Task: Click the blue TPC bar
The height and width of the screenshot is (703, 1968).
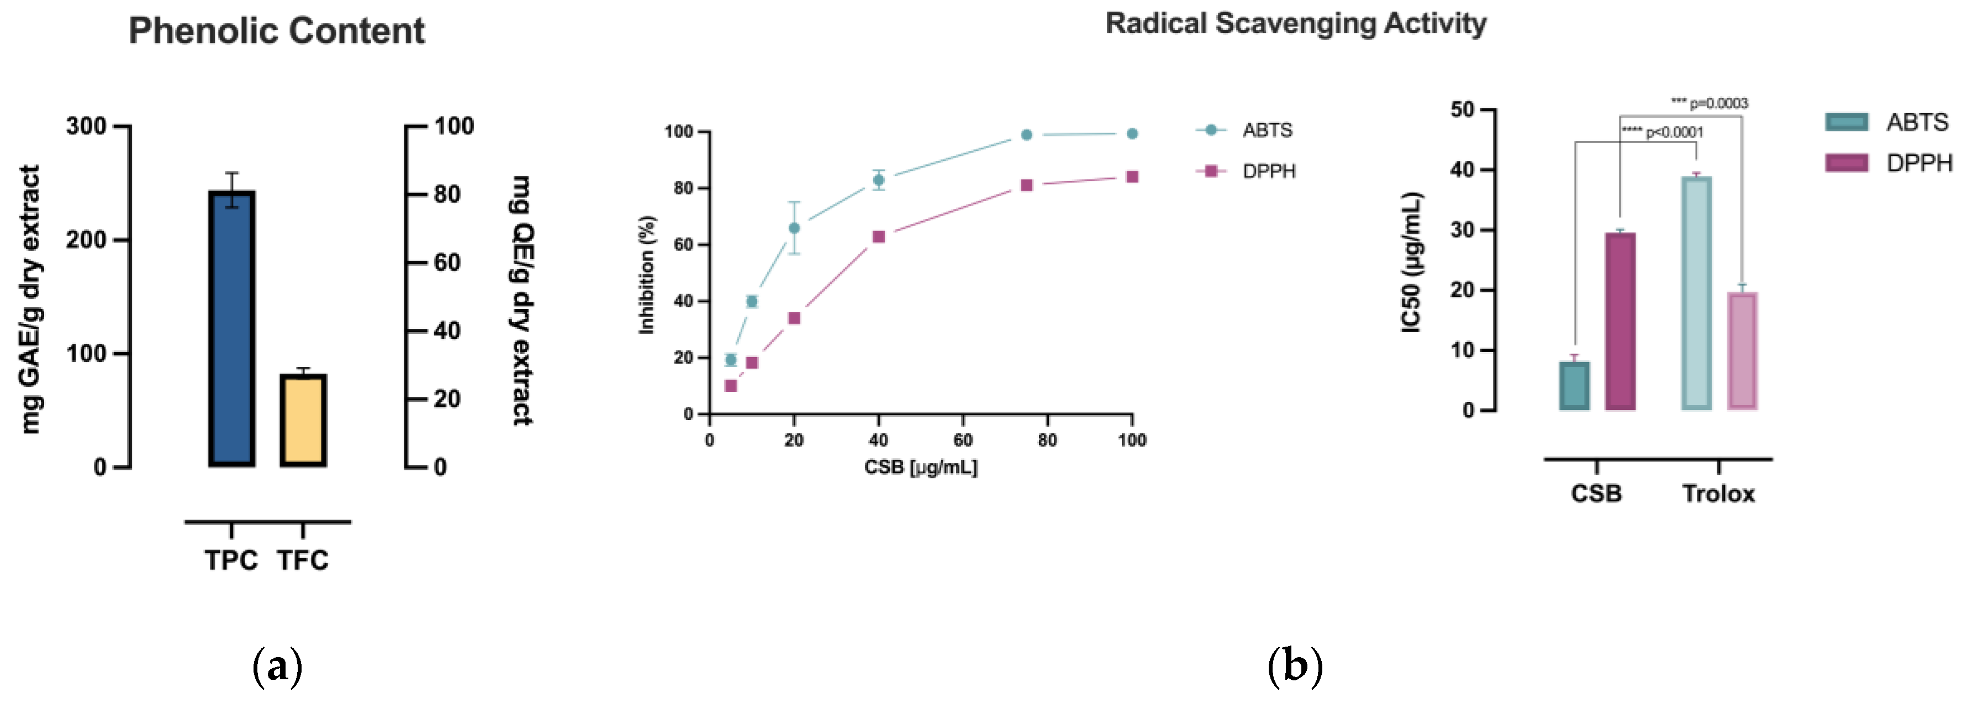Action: coord(231,329)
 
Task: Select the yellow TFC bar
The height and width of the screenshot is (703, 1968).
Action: coord(303,420)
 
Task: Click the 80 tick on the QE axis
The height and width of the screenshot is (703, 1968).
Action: coord(448,194)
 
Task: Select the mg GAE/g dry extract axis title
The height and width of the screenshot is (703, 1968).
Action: coord(30,300)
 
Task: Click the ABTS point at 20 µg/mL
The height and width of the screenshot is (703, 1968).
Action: coord(794,228)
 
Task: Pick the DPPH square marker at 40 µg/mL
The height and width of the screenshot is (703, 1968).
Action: coord(879,237)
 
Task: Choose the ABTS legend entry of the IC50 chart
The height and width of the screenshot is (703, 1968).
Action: coord(1887,122)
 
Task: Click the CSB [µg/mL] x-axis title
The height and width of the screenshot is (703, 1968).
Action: coord(921,467)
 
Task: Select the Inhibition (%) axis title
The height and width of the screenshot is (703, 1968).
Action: coord(646,275)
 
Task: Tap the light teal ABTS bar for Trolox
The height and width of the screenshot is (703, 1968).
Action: coord(1696,293)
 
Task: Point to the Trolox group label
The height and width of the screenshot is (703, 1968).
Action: coord(1718,494)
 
